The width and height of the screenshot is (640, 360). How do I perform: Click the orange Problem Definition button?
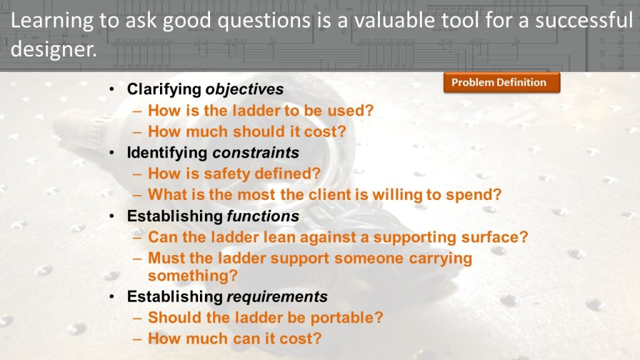[x=502, y=82]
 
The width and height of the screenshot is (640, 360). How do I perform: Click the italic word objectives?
[x=244, y=89]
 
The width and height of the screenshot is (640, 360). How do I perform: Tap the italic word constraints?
[x=256, y=152]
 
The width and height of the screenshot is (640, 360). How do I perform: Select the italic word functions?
[x=263, y=216]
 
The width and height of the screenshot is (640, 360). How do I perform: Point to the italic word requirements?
[x=277, y=297]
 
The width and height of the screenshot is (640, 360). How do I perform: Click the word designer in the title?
[x=54, y=49]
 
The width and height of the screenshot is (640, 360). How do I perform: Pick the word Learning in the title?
[x=52, y=21]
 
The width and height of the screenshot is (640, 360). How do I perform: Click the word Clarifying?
[x=164, y=89]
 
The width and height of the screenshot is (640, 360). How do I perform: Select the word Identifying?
[x=167, y=152]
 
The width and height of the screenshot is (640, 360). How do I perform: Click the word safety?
[x=227, y=174]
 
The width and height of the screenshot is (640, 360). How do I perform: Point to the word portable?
[x=347, y=317]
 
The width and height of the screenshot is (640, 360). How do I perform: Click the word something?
[x=192, y=276]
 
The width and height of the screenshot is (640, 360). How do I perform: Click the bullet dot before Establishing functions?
[x=112, y=216]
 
